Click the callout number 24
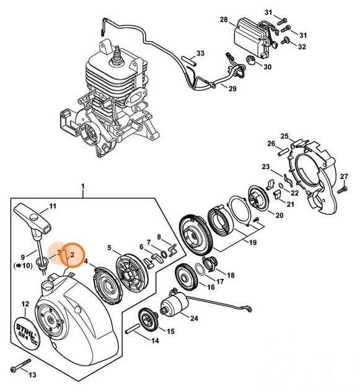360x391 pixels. pyautogui.click(x=194, y=319)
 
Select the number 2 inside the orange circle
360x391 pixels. pyautogui.click(x=72, y=253)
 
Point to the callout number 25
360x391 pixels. pyautogui.click(x=284, y=136)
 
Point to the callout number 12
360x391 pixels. pyautogui.click(x=25, y=304)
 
